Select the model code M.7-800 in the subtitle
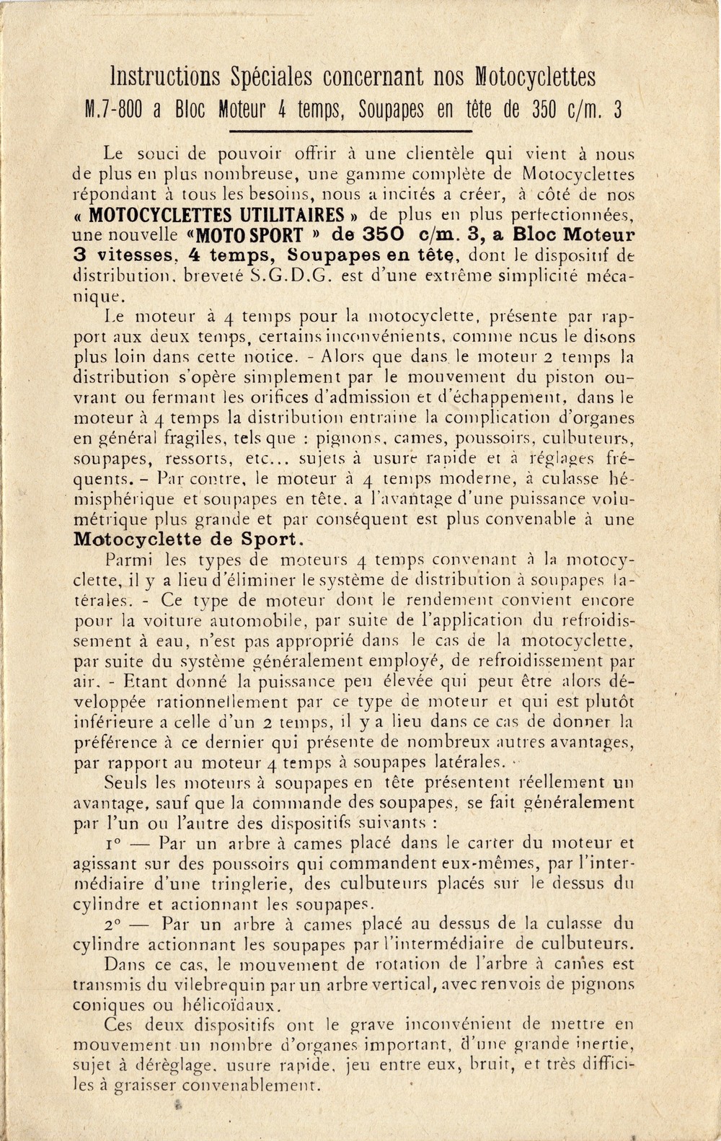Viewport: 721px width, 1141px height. point(115,110)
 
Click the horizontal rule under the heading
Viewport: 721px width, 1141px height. point(350,131)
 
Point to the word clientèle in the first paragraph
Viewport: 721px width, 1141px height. point(443,154)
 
